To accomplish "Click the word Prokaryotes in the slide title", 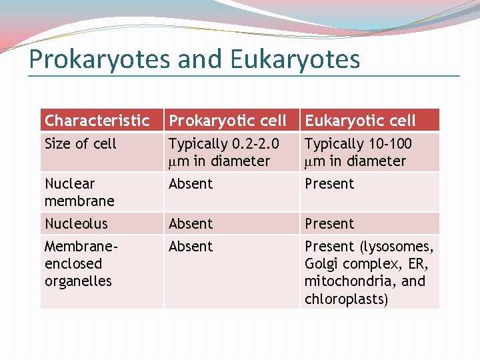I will coord(99,59).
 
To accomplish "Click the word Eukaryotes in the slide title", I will coord(295,59).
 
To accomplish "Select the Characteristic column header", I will coord(97,121).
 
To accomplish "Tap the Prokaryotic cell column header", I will coord(227,121).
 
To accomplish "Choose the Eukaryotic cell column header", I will coord(360,121).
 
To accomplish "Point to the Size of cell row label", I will coord(80,144).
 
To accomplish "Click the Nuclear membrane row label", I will coord(79,192).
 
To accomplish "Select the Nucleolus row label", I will coord(76,223).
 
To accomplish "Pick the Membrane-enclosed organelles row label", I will coord(81,263).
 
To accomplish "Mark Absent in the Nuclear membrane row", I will coord(191,184).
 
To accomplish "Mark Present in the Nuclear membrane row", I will coord(329,184).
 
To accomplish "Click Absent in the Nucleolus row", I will coord(191,223).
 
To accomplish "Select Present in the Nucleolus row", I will coord(329,223).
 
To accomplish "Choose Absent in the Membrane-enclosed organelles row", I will coord(191,247).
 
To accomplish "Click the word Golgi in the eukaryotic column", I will coord(320,264).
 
